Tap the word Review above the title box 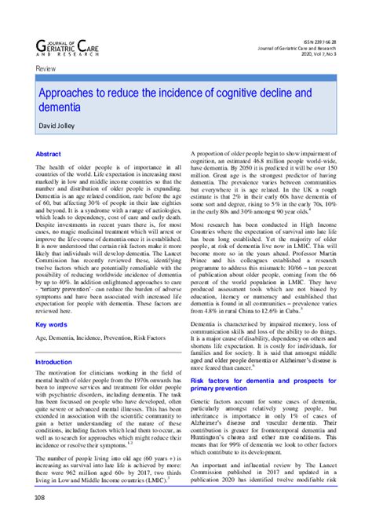pos(46,70)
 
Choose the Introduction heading pos(59,362)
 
